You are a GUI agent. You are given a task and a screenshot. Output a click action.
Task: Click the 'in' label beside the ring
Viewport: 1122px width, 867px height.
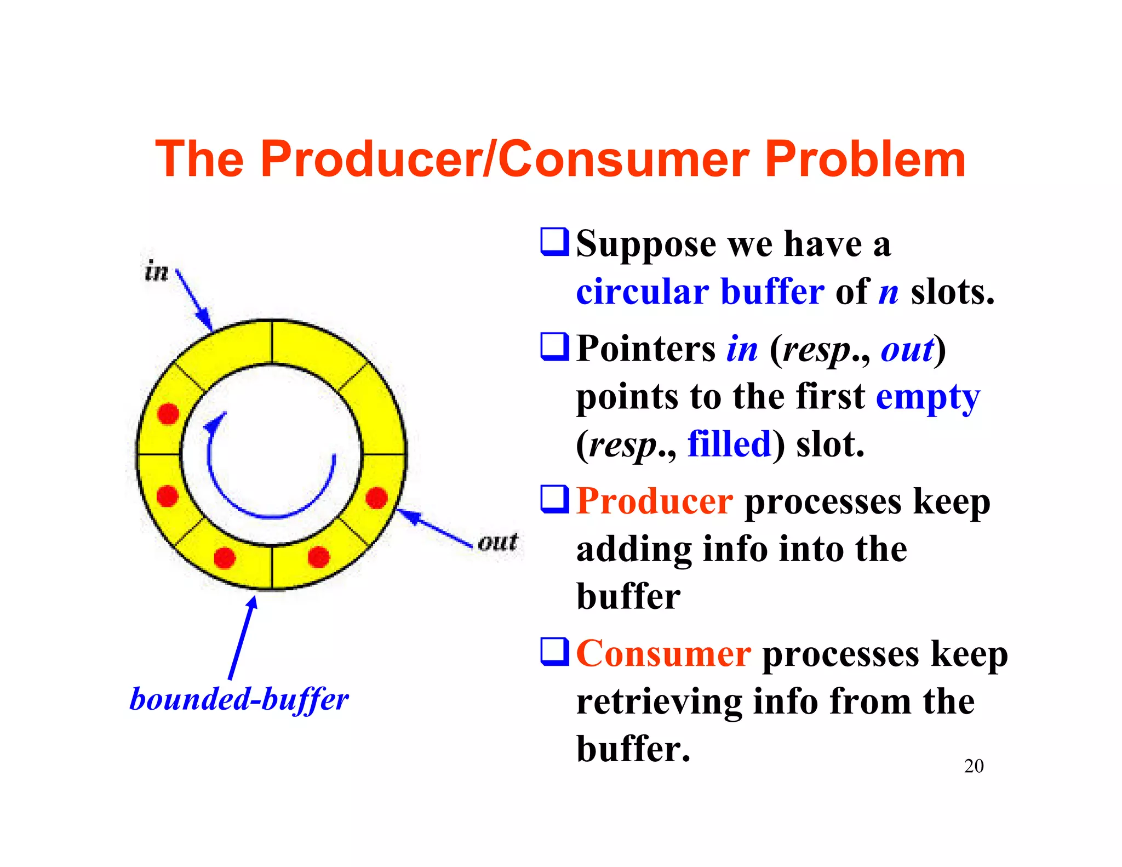coord(157,271)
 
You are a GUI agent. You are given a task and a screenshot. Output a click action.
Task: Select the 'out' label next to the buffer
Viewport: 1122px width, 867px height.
coord(497,542)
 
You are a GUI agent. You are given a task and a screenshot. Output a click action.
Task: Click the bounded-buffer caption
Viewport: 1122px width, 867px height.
coord(239,700)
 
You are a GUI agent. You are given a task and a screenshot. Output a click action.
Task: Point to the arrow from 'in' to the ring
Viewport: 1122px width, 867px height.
coord(194,300)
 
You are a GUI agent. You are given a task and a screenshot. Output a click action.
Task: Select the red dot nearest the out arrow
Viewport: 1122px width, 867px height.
coord(376,498)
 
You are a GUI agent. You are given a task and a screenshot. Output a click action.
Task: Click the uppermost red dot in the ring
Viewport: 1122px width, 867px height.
coord(168,414)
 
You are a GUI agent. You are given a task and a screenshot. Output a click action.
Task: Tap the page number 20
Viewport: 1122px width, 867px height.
coord(974,766)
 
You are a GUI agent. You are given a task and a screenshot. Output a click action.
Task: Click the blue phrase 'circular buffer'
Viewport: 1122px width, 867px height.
coord(700,292)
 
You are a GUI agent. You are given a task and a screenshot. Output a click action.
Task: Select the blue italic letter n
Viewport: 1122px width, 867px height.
coord(888,292)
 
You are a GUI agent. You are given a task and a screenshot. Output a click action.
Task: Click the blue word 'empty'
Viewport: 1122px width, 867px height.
coord(928,397)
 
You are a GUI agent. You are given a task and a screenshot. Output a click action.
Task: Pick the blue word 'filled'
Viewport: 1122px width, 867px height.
coord(729,444)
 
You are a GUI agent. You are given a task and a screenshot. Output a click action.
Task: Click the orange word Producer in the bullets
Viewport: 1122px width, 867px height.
coord(654,501)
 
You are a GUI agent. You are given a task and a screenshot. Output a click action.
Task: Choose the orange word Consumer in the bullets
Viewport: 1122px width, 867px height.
coord(663,654)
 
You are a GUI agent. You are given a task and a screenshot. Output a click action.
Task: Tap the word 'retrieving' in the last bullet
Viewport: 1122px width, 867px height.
coord(659,701)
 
